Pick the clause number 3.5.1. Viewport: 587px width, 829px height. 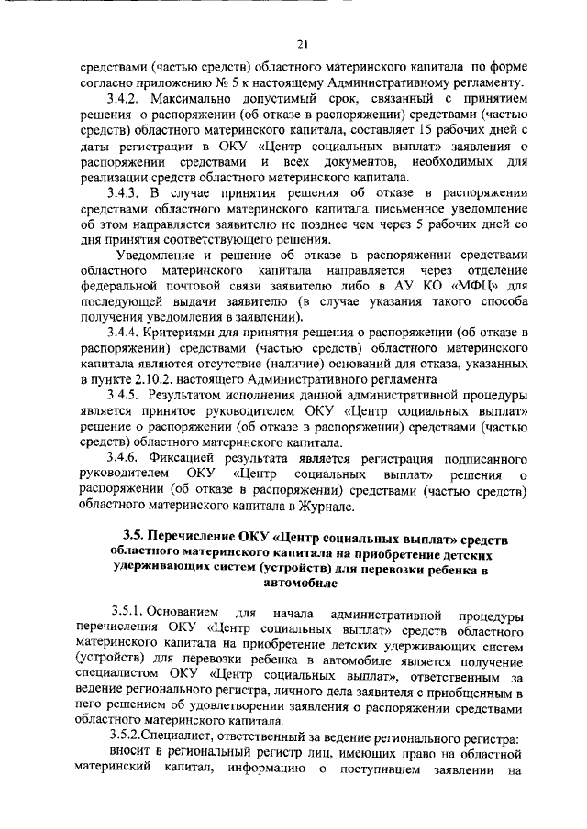(125, 613)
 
